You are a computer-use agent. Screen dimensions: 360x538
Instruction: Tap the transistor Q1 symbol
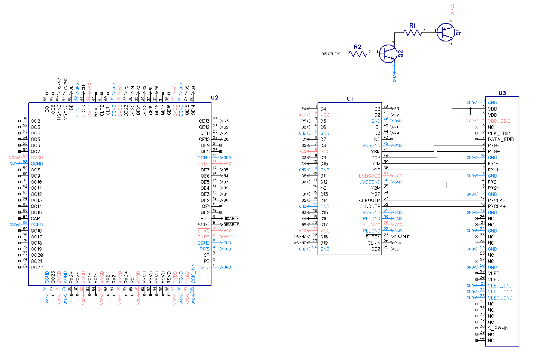click(445, 32)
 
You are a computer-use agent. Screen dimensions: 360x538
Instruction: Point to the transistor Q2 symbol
click(388, 54)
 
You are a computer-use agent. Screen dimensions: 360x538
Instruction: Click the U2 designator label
click(215, 97)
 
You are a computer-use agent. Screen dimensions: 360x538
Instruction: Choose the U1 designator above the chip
click(350, 99)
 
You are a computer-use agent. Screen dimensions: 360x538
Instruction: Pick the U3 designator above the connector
click(502, 93)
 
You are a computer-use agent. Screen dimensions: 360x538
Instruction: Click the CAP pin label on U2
click(35, 218)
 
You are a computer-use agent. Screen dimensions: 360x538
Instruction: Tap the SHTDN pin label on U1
click(373, 237)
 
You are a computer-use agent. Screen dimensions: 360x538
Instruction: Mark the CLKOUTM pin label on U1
click(369, 200)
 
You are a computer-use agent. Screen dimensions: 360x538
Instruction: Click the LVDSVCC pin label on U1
click(369, 176)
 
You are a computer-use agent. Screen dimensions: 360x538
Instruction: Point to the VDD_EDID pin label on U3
click(499, 121)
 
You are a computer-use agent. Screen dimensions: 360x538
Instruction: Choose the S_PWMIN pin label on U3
click(498, 328)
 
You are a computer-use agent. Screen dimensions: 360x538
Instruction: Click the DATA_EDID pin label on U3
click(501, 139)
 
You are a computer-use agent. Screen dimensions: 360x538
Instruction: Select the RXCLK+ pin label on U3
click(497, 206)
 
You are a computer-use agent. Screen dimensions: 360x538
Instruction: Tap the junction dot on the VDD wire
click(470, 109)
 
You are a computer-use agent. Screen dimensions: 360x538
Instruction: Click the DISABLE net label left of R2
click(329, 54)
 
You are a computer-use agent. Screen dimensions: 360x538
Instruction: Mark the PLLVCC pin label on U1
click(371, 225)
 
